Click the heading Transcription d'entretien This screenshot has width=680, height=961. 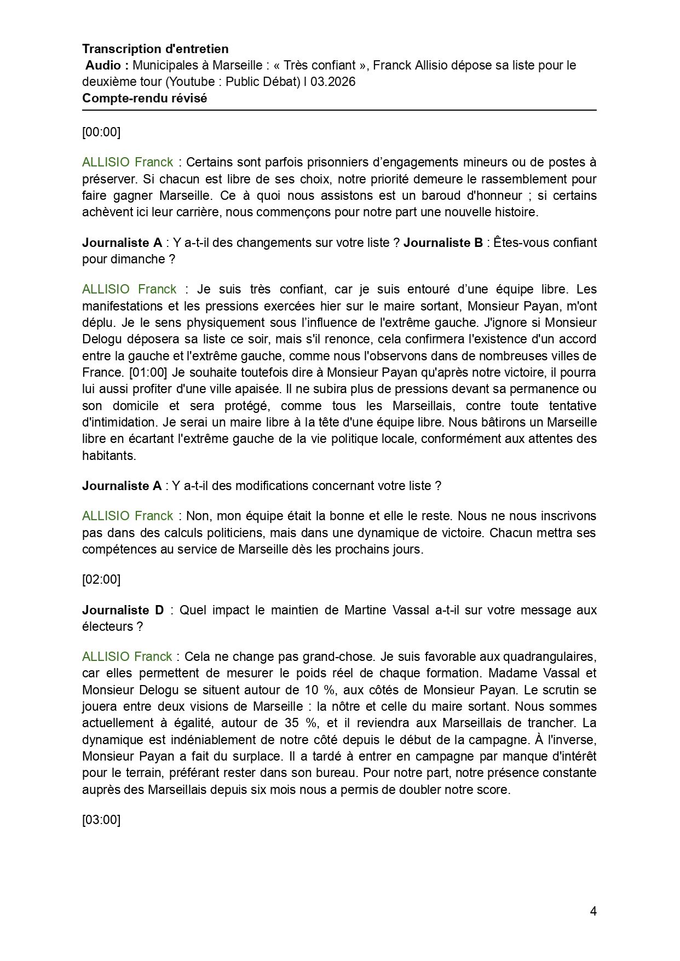(x=155, y=49)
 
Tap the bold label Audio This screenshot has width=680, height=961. (x=107, y=66)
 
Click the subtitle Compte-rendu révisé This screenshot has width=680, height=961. (x=145, y=99)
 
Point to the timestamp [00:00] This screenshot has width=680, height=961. (x=101, y=132)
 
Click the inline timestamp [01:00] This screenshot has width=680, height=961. (x=147, y=373)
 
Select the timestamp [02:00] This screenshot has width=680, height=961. (x=101, y=579)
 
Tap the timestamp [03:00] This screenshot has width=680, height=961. (x=101, y=820)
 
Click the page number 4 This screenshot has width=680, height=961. (x=593, y=911)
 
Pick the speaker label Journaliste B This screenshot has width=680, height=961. (x=443, y=243)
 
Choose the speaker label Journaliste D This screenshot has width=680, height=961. (x=123, y=610)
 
